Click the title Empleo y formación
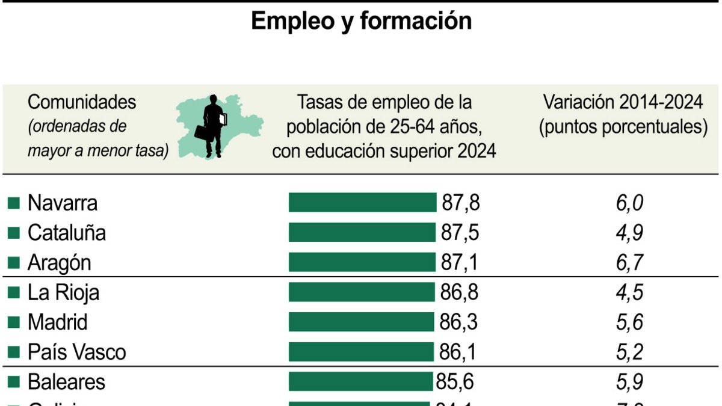coord(361,21)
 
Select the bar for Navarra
coord(362,203)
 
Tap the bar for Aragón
coord(362,262)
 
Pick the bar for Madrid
coord(361,322)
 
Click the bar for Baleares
coord(360,381)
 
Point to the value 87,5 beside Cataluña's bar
coord(460,233)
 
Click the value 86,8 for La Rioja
coord(458,292)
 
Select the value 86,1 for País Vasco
coord(458,352)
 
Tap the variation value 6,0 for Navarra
coord(629,203)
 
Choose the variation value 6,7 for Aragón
coord(629,263)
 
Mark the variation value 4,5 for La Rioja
coord(629,292)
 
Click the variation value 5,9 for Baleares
coord(629,382)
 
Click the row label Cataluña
coord(67,233)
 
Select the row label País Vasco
coord(77,352)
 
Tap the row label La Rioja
coord(64,292)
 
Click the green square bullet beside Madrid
coord(14,322)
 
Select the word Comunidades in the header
coord(82,102)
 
